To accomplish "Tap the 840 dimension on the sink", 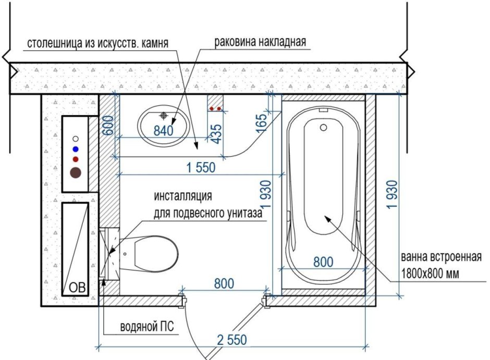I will tap(163, 131).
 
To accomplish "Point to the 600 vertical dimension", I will tap(108, 125).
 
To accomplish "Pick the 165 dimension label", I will tap(262, 124).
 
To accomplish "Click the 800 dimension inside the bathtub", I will tap(323, 262).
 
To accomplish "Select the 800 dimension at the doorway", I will tap(224, 283).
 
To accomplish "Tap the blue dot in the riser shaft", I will tap(76, 148).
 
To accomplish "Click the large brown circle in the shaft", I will tap(76, 173).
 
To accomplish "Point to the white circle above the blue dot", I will tap(76, 139).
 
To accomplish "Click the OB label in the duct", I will tap(76, 287).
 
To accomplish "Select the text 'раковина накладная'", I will tap(259, 42).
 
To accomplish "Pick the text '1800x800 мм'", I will tap(430, 272).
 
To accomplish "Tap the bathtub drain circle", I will tap(323, 127).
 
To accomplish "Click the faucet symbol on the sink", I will tap(164, 115).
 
